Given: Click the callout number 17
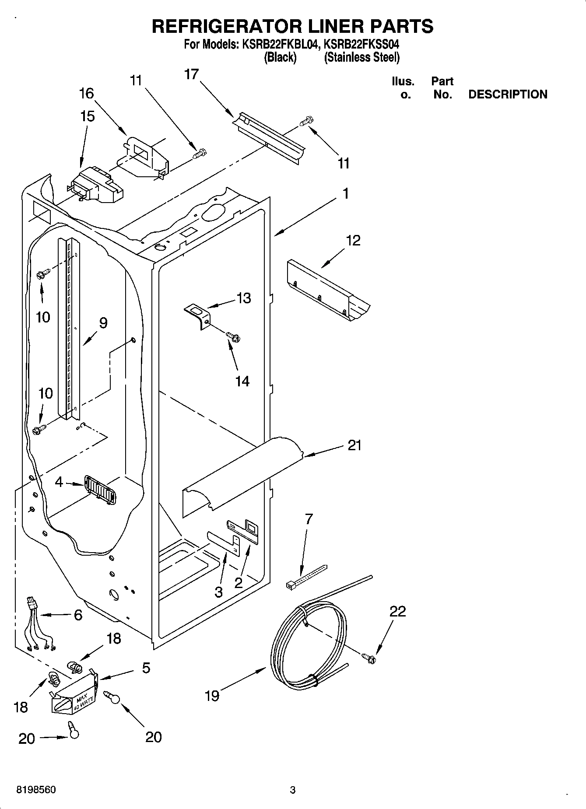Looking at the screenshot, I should point(191,74).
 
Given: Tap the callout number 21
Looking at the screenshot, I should point(354,445).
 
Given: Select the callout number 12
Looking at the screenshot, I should point(353,240).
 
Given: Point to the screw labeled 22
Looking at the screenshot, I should point(369,657).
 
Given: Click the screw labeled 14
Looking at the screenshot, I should point(233,337).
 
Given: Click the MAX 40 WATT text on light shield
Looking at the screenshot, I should point(81,701).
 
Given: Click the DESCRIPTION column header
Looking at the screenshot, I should point(507,95).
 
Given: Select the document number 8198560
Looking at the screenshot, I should point(36,790).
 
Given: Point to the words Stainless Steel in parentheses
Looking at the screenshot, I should point(361,57).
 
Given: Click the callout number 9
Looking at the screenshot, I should point(103,323).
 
